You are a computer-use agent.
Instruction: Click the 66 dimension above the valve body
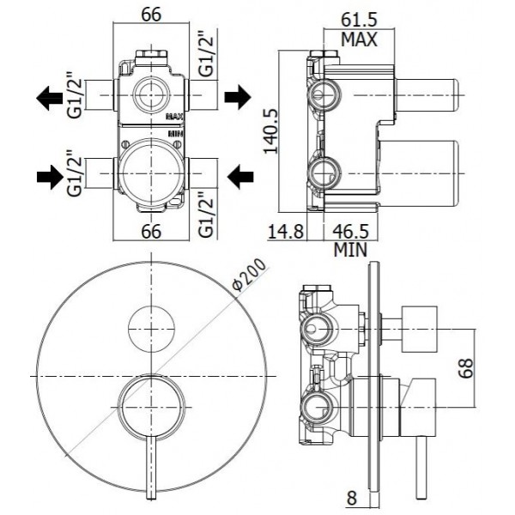pos(151,15)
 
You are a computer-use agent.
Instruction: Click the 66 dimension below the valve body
pos(151,231)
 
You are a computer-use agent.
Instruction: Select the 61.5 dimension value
pos(359,21)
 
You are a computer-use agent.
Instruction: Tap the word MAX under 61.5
pos(359,39)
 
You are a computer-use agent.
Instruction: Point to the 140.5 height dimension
pos(271,131)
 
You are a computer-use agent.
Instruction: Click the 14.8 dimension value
pos(286,231)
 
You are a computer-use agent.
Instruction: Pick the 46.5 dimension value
pos(351,231)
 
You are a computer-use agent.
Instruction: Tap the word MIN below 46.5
pos(350,250)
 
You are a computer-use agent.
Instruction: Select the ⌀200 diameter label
pos(249,276)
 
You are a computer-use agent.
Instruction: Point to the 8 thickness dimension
pos(351,498)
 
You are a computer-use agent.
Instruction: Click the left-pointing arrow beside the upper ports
pos(49,98)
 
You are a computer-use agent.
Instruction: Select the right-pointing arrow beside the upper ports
pos(238,97)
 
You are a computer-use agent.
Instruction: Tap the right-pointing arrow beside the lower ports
pos(50,177)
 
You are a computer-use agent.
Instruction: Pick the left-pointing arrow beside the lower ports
pos(240,177)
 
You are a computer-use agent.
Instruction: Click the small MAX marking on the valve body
pos(175,116)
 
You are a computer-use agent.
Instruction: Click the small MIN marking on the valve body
pos(176,134)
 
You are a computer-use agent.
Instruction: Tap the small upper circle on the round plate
pos(151,330)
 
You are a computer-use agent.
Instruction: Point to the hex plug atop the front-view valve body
pos(151,55)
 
